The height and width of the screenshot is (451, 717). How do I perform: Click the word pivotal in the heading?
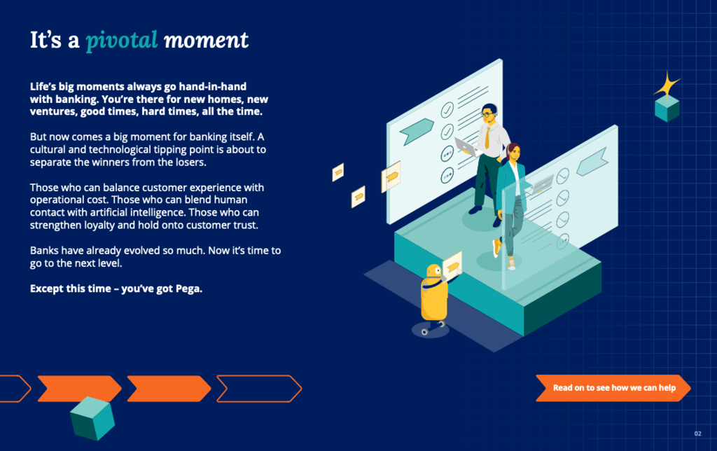[122, 40]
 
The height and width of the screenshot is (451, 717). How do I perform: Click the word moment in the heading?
[207, 40]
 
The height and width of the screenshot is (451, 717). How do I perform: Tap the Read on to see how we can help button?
[613, 388]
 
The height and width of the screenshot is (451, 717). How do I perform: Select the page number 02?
[697, 433]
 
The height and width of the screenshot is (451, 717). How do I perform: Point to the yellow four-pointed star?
[667, 85]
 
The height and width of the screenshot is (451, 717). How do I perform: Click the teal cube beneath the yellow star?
[667, 109]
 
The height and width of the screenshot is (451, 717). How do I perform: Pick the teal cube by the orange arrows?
[92, 418]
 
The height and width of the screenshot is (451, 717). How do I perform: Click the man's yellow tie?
[487, 137]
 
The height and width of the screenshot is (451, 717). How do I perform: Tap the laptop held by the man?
[466, 146]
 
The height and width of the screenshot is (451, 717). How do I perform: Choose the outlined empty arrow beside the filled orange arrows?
[259, 389]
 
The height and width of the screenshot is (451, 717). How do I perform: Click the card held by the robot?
[452, 265]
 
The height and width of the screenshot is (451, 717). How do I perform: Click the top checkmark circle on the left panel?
[447, 110]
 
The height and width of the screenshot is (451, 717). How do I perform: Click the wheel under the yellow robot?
[425, 332]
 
